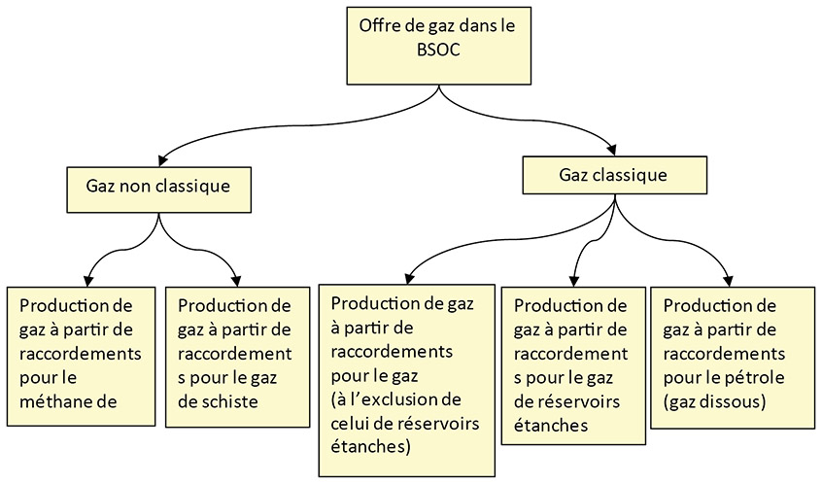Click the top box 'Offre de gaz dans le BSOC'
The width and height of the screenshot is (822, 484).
(x=439, y=46)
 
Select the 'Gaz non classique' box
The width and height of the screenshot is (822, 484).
(x=158, y=188)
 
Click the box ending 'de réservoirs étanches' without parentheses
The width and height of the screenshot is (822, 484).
(x=572, y=365)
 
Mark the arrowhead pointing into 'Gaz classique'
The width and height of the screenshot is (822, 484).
(x=614, y=149)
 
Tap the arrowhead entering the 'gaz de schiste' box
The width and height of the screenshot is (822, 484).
(x=237, y=279)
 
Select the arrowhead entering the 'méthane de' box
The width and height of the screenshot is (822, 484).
(x=89, y=279)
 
